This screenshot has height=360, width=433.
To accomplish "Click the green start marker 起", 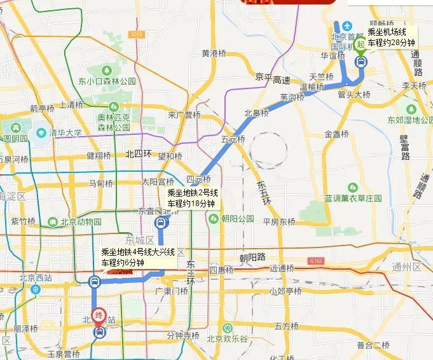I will tap(361, 45).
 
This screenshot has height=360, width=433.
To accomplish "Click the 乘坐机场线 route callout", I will tap(392, 36).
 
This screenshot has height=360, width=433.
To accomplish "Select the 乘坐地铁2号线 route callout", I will tap(193, 198).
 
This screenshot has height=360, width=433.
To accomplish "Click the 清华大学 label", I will tap(61, 133).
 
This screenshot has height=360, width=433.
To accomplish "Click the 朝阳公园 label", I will tap(238, 218).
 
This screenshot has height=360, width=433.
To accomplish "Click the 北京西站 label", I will tap(36, 277).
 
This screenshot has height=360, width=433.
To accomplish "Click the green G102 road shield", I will tap(315, 260).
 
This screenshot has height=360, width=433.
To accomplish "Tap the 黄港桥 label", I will tap(214, 53).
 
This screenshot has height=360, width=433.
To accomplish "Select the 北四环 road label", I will tap(139, 153).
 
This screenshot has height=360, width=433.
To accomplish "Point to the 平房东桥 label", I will tap(279, 222).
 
